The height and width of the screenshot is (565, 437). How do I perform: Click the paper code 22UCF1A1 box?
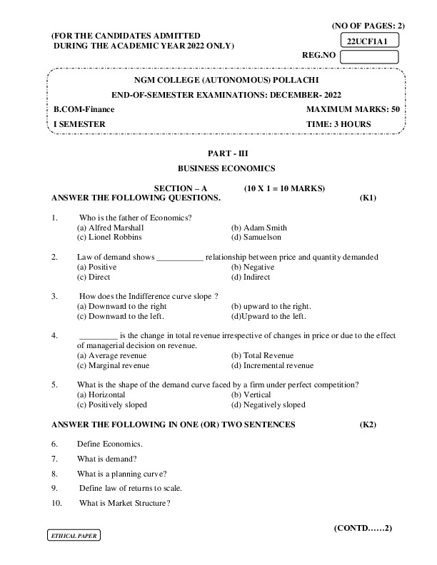(x=368, y=42)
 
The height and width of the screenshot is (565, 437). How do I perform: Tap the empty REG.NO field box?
(x=368, y=57)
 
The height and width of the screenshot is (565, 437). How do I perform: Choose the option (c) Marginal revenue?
(x=113, y=365)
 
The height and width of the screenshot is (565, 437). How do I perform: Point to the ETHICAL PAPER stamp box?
(x=72, y=535)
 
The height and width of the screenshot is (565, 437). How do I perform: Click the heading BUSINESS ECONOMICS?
(x=226, y=169)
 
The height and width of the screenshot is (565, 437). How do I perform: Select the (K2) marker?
(x=368, y=424)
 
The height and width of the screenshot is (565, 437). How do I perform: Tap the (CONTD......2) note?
(x=363, y=529)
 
